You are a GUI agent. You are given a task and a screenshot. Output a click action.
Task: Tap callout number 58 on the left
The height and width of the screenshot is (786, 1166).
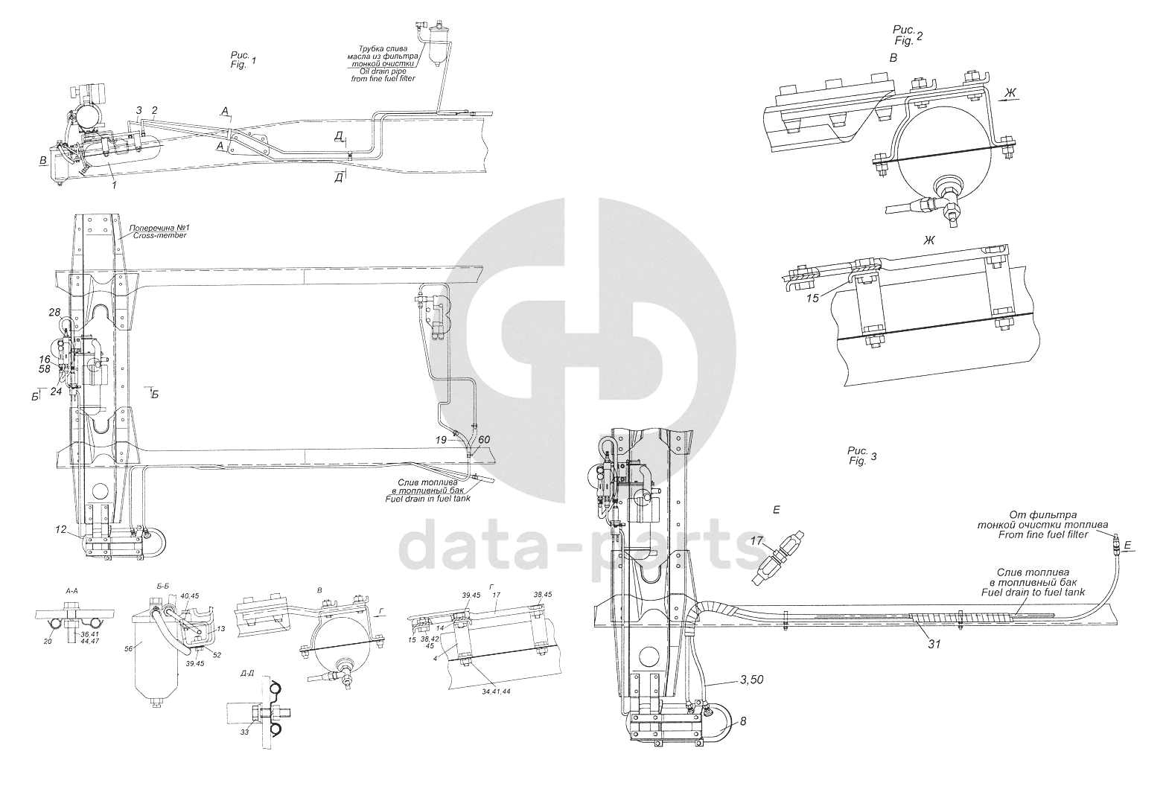point(45,369)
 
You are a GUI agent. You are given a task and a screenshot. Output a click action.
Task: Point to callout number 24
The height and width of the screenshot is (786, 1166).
point(56,392)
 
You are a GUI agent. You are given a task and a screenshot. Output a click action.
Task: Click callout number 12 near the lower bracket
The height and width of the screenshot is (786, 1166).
point(60,530)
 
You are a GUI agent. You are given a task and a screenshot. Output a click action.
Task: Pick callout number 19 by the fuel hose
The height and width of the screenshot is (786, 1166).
point(442,441)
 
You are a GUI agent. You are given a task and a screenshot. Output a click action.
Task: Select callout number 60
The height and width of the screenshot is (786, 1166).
point(484,441)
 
